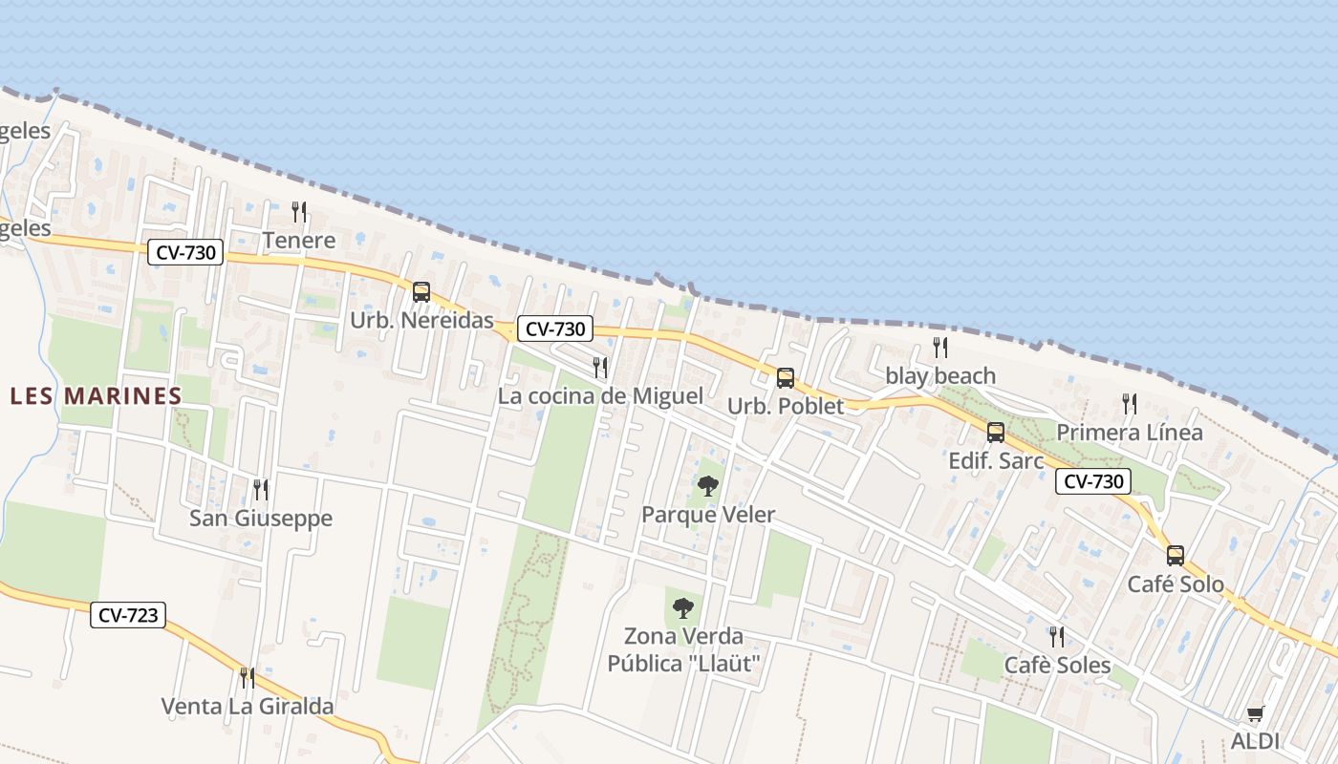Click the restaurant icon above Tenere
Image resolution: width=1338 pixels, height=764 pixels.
299,211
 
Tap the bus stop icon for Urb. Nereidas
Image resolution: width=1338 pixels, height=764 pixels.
421,292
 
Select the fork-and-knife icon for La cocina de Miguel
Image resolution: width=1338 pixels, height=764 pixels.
600,367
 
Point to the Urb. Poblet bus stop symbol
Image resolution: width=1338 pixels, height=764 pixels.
786,378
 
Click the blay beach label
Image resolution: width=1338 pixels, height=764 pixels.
940,375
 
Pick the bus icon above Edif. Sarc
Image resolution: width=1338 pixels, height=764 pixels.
996,433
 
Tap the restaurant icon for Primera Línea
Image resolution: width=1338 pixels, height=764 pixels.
1130,404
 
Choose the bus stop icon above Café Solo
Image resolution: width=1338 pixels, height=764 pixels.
1176,556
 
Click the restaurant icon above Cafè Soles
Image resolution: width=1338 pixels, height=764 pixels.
1057,637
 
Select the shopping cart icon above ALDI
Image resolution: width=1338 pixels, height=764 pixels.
1256,713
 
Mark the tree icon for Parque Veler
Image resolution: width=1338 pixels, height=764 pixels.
708,486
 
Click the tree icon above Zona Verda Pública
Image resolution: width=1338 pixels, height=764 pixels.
682,607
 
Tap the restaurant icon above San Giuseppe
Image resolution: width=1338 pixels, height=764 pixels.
260,490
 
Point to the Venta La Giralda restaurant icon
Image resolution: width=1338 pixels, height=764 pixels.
247,678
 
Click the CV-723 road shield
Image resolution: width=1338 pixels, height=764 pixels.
129,615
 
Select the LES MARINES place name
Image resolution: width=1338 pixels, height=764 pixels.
96,395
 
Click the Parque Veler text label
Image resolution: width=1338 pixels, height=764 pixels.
708,515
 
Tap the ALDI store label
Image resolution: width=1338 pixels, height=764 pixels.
1255,741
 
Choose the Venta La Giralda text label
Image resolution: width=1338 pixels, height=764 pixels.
248,707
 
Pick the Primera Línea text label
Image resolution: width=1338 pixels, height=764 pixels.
1130,433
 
